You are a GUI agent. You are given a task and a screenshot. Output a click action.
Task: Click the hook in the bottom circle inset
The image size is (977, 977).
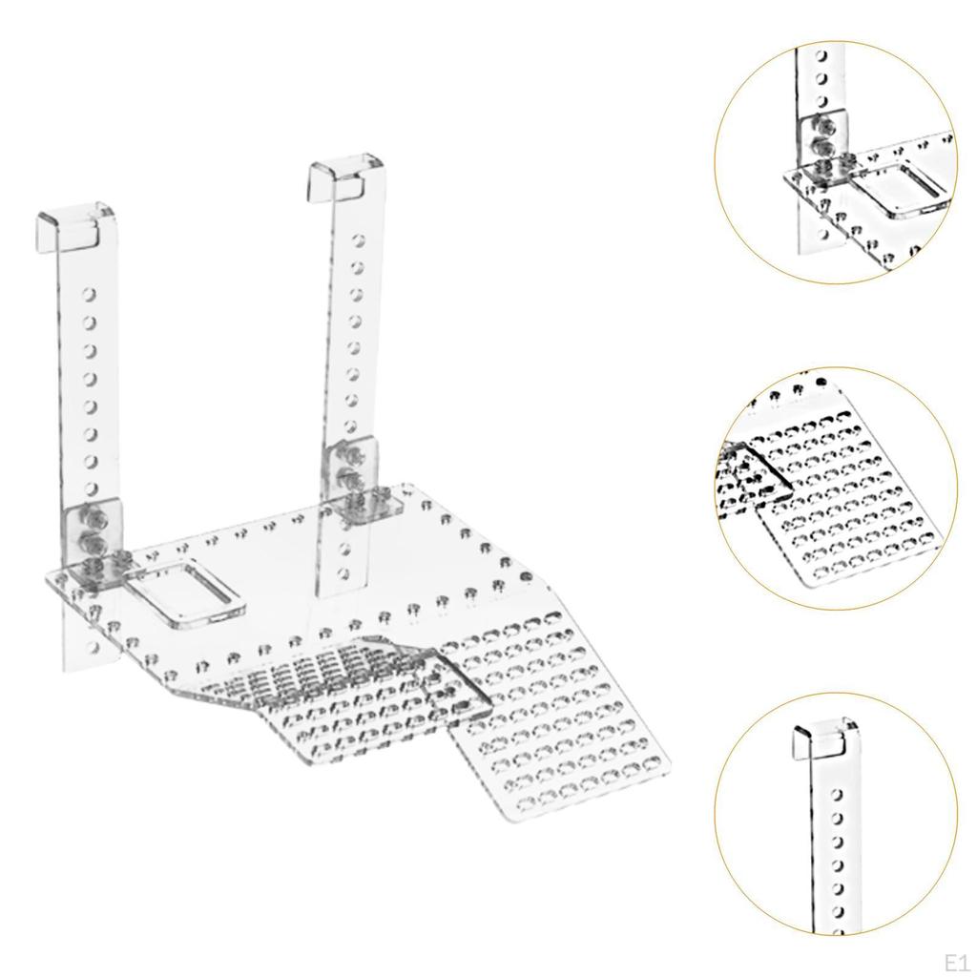[823, 740]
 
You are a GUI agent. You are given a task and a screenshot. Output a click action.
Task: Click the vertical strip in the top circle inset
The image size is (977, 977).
[816, 86]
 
